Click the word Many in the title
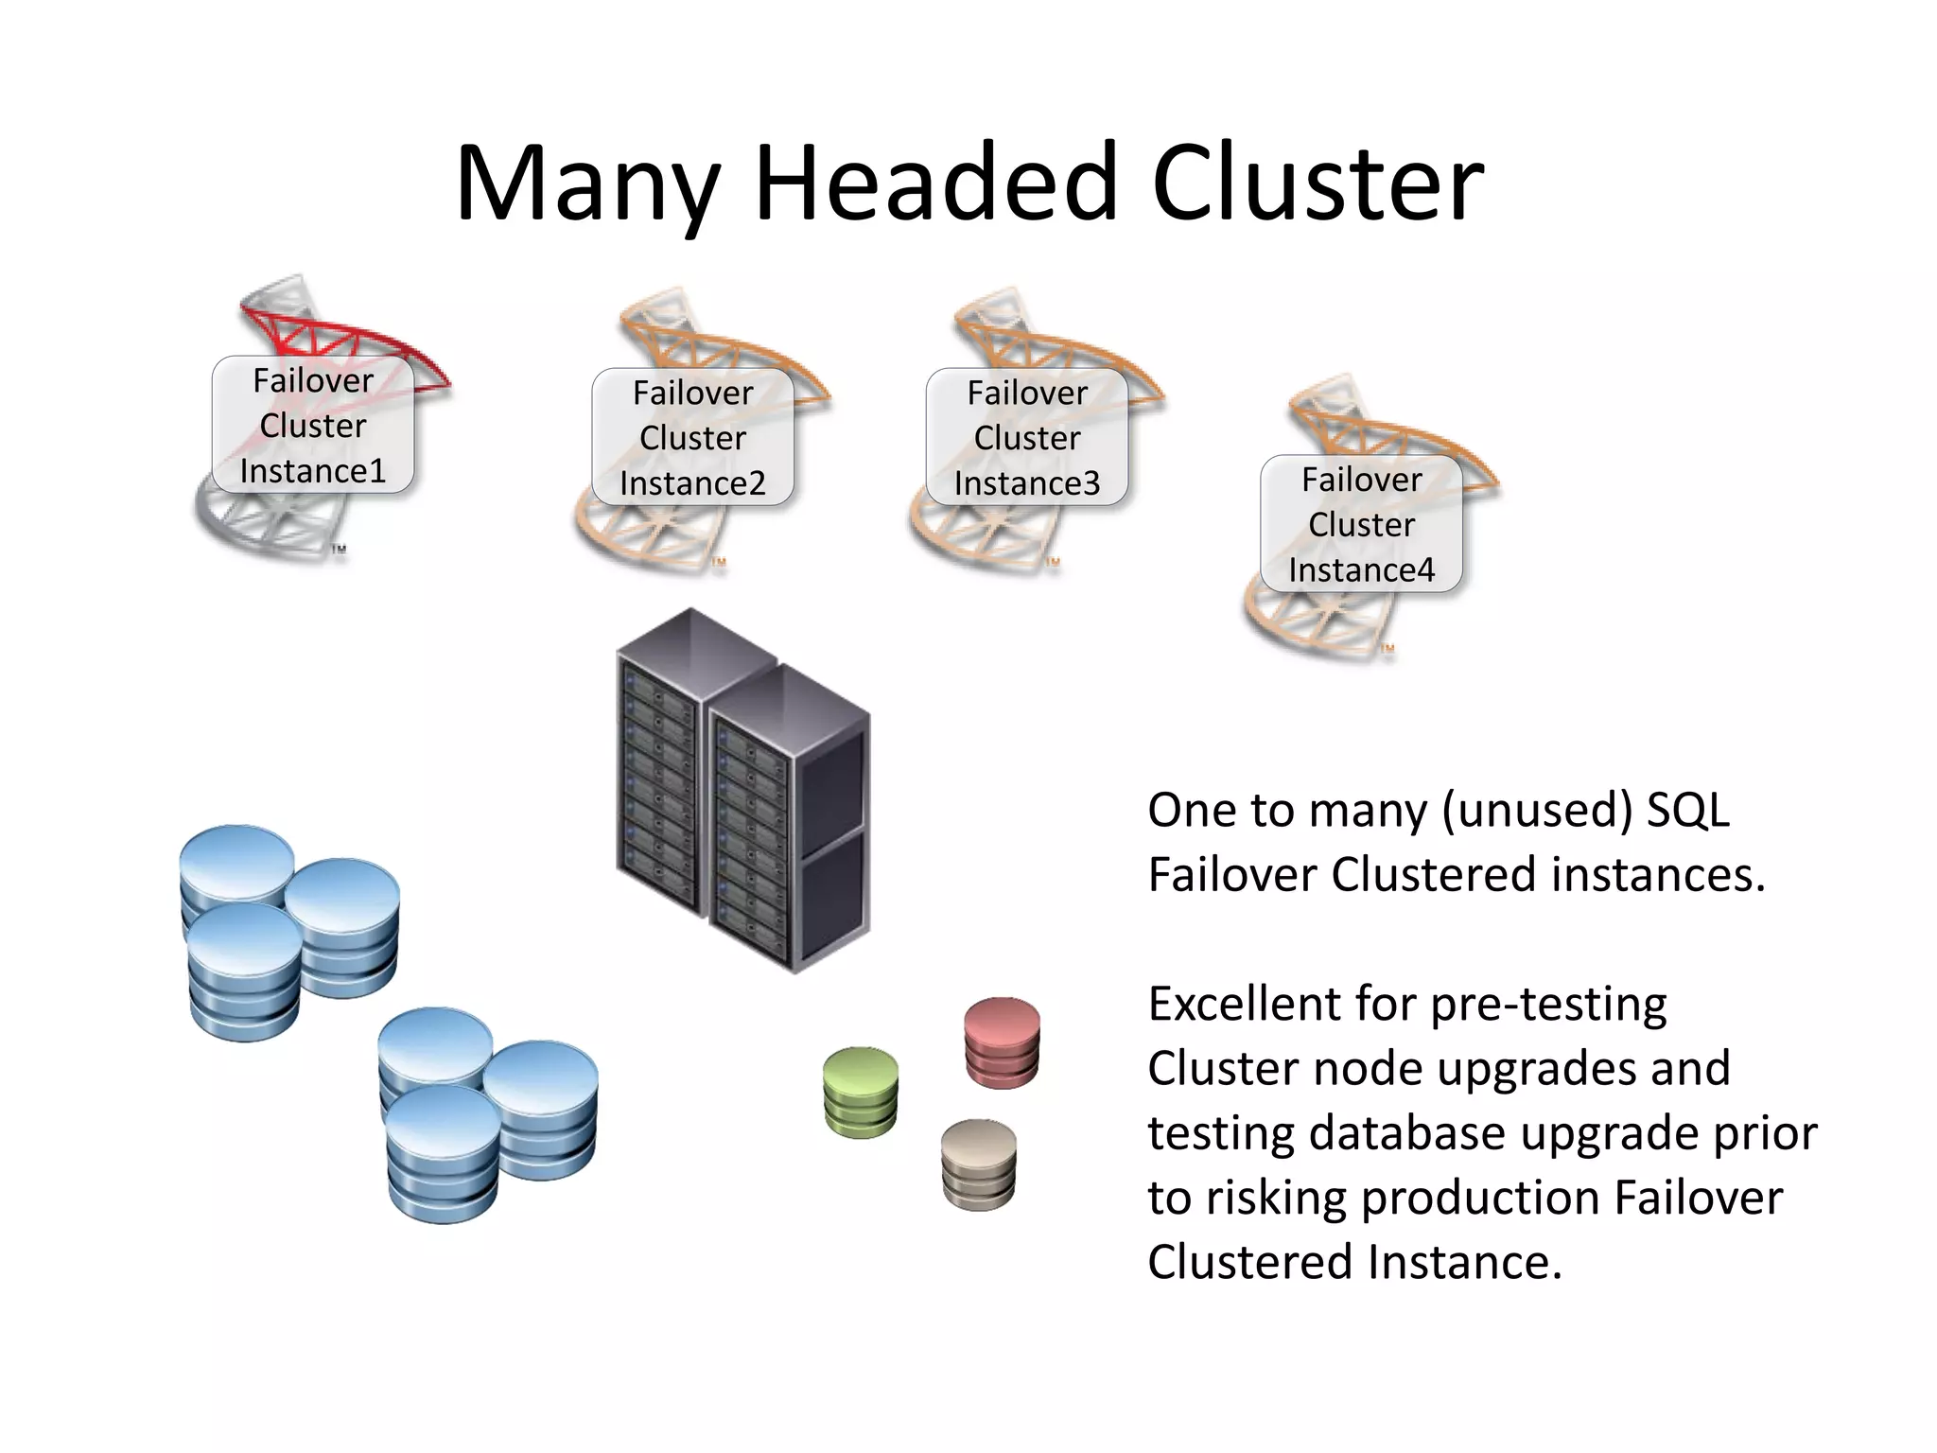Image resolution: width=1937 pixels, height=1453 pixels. (587, 184)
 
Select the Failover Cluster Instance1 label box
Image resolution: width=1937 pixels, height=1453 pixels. (313, 425)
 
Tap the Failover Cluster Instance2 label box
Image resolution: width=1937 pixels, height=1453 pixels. (692, 437)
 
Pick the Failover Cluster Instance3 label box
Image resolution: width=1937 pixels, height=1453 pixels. (1027, 437)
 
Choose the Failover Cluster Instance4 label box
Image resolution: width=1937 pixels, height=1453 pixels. (1361, 524)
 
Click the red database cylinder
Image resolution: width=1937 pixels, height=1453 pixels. (1003, 1042)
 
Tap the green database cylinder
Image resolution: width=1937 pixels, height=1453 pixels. (861, 1092)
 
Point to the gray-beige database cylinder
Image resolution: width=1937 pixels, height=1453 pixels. (979, 1164)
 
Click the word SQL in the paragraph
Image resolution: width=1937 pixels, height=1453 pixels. (1688, 810)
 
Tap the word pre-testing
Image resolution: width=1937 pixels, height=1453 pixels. (1548, 1006)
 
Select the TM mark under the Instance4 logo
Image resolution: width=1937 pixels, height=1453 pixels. (1387, 649)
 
